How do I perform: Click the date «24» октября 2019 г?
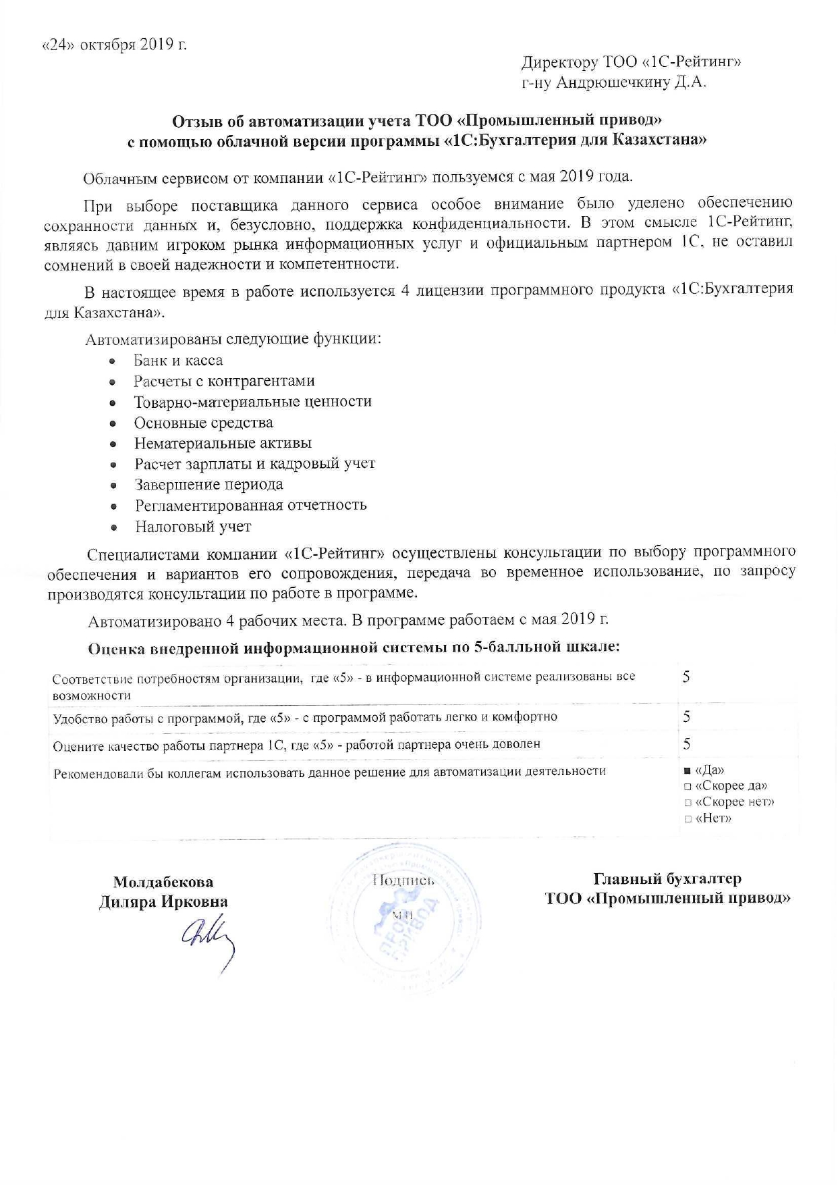point(114,45)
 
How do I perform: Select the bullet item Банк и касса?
point(178,361)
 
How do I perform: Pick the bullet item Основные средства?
point(203,423)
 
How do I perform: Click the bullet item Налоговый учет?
point(193,526)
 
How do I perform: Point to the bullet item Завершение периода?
point(208,484)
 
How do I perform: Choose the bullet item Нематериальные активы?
point(223,444)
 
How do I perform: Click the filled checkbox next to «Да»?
point(688,770)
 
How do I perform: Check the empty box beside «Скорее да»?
point(688,787)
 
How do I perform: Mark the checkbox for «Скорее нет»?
point(688,803)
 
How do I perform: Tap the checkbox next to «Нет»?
point(688,819)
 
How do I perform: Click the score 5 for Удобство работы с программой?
point(686,717)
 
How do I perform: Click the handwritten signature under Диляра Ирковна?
point(208,939)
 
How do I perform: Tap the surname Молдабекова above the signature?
point(163,882)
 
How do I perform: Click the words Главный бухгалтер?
point(667,879)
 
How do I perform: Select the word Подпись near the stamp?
point(403,880)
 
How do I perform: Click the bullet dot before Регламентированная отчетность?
point(114,506)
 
